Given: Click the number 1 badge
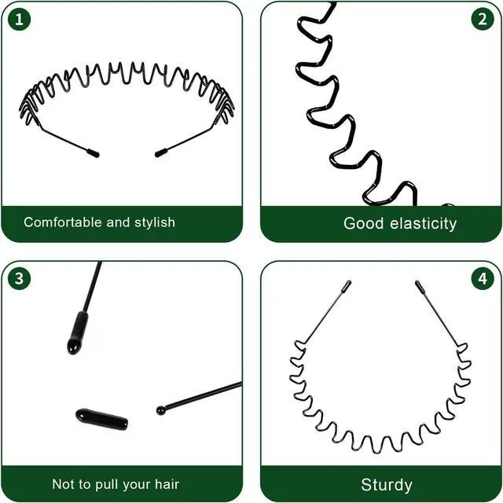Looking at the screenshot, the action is coord(19,19).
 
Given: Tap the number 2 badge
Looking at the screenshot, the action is coord(483,19).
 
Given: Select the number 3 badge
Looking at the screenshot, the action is coord(19,278).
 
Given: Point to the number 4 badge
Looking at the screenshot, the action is coord(483,278).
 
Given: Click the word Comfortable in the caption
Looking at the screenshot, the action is coord(63,222).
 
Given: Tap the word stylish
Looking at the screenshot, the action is coord(155,222).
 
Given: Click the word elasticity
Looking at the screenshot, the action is coord(423,223).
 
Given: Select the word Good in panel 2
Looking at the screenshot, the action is coord(363,223).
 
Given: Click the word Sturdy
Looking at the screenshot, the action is coord(386,485).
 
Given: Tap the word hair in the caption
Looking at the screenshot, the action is coord(167,484).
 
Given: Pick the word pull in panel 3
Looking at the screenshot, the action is coord(109,485).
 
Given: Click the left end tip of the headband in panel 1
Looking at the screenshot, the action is coord(97,155).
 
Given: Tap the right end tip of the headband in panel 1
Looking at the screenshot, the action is coord(157,154).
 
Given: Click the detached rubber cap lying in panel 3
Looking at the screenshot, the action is coord(101,419).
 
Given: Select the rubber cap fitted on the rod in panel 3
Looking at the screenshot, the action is coord(77,332).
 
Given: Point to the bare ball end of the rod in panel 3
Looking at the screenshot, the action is coord(161,410).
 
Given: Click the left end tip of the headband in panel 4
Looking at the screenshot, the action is coord(348,282).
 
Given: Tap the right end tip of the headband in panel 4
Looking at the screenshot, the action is coord(417,283).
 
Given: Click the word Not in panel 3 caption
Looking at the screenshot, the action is coord(62,484).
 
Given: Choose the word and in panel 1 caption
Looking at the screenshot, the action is coord(118,222).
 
